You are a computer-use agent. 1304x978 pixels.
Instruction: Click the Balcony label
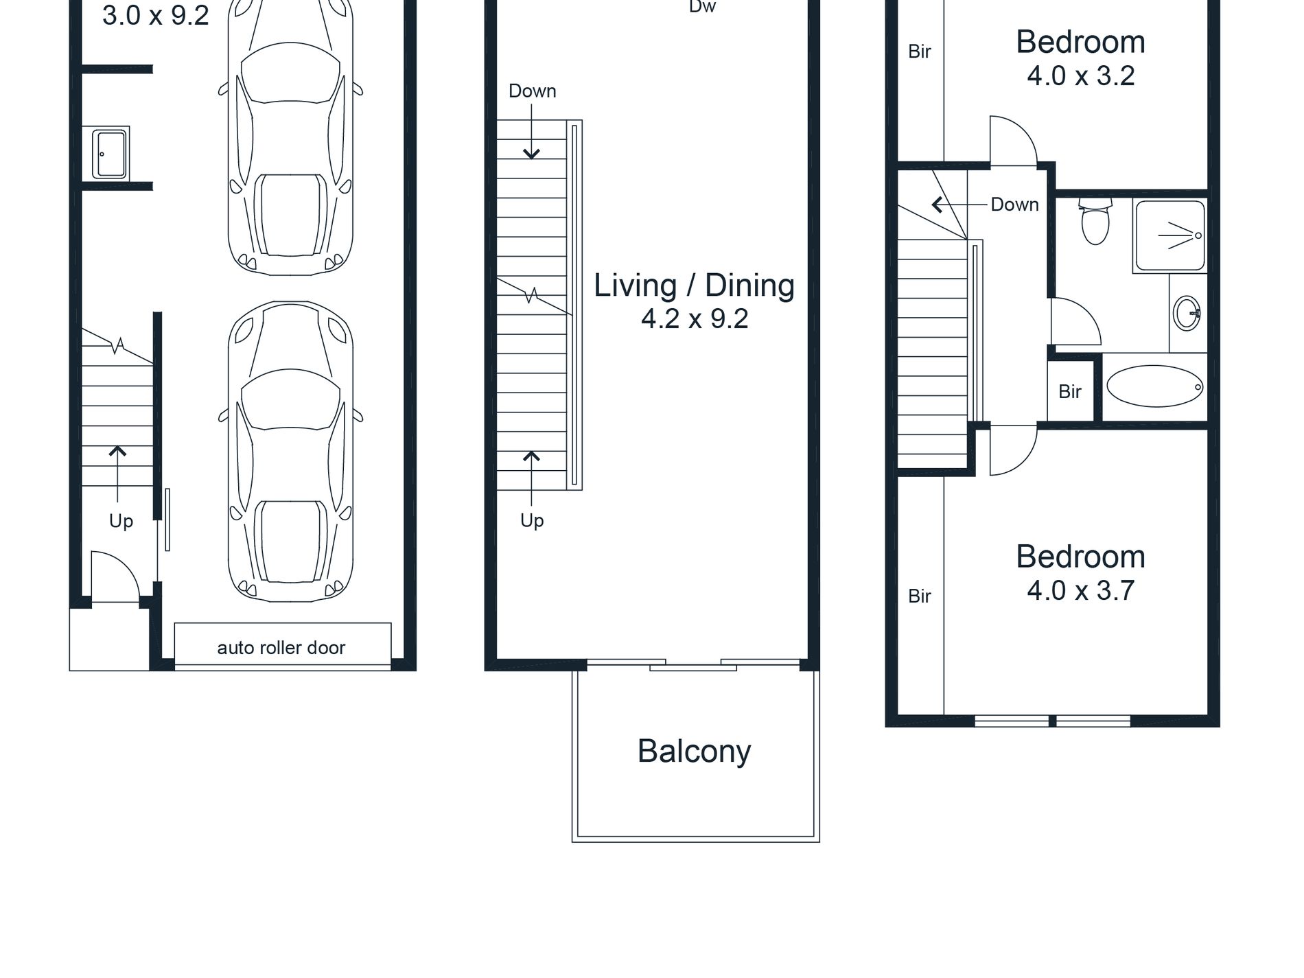click(694, 752)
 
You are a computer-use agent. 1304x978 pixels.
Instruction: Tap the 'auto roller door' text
click(281, 648)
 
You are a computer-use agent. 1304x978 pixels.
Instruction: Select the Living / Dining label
click(694, 286)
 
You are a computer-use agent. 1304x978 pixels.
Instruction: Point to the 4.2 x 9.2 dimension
click(695, 319)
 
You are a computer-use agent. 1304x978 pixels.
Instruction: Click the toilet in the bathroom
click(1095, 221)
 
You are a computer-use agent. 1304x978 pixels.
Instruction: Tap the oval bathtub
click(1155, 386)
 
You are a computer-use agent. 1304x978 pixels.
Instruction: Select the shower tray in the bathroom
click(1170, 235)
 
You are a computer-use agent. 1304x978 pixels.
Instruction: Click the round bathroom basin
click(1187, 314)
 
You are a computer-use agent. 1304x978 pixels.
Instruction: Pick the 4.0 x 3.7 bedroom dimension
click(1081, 591)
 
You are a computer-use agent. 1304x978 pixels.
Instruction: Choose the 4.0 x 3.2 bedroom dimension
click(1081, 76)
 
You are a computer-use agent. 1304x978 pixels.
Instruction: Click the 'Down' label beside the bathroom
click(1014, 205)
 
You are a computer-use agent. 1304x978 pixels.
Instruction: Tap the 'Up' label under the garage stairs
click(121, 522)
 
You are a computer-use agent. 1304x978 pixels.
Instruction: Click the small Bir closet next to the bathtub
click(1070, 391)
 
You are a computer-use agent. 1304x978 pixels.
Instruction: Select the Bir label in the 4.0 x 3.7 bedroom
click(920, 596)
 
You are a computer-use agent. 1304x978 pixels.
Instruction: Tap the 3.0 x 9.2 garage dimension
click(156, 16)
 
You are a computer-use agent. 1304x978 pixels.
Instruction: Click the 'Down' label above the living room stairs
click(533, 91)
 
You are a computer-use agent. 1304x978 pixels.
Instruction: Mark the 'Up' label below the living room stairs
click(532, 521)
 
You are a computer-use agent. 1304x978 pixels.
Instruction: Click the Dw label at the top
click(702, 7)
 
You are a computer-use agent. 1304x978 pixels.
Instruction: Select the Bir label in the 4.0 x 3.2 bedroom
click(920, 51)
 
